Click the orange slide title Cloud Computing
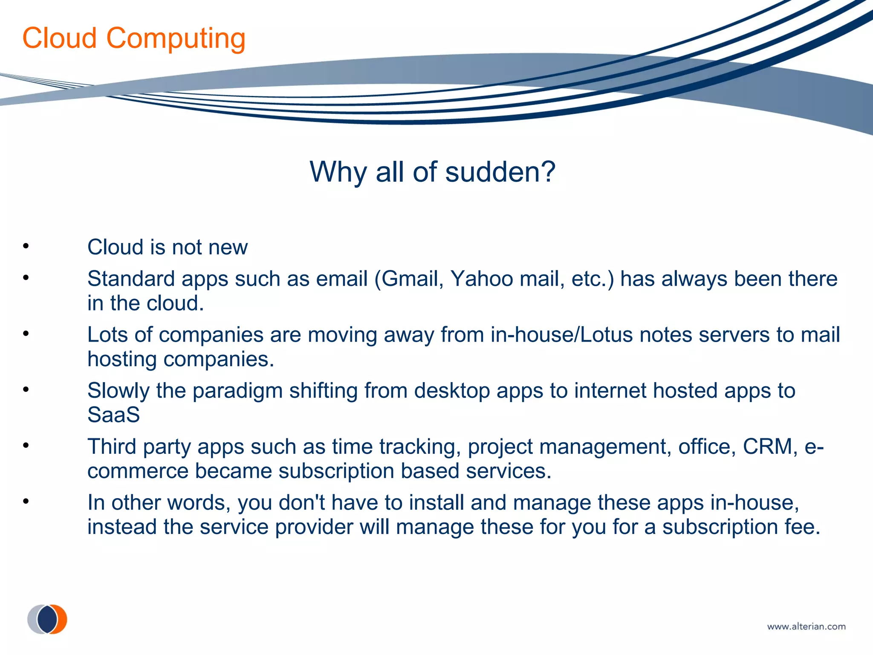(x=134, y=38)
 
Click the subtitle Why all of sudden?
(x=433, y=172)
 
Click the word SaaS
(x=113, y=415)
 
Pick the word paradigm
(x=237, y=391)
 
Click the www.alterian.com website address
(x=806, y=626)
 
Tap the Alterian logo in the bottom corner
(x=47, y=619)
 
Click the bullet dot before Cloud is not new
(x=26, y=246)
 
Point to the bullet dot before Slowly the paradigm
(x=26, y=389)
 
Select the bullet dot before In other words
(x=26, y=501)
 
